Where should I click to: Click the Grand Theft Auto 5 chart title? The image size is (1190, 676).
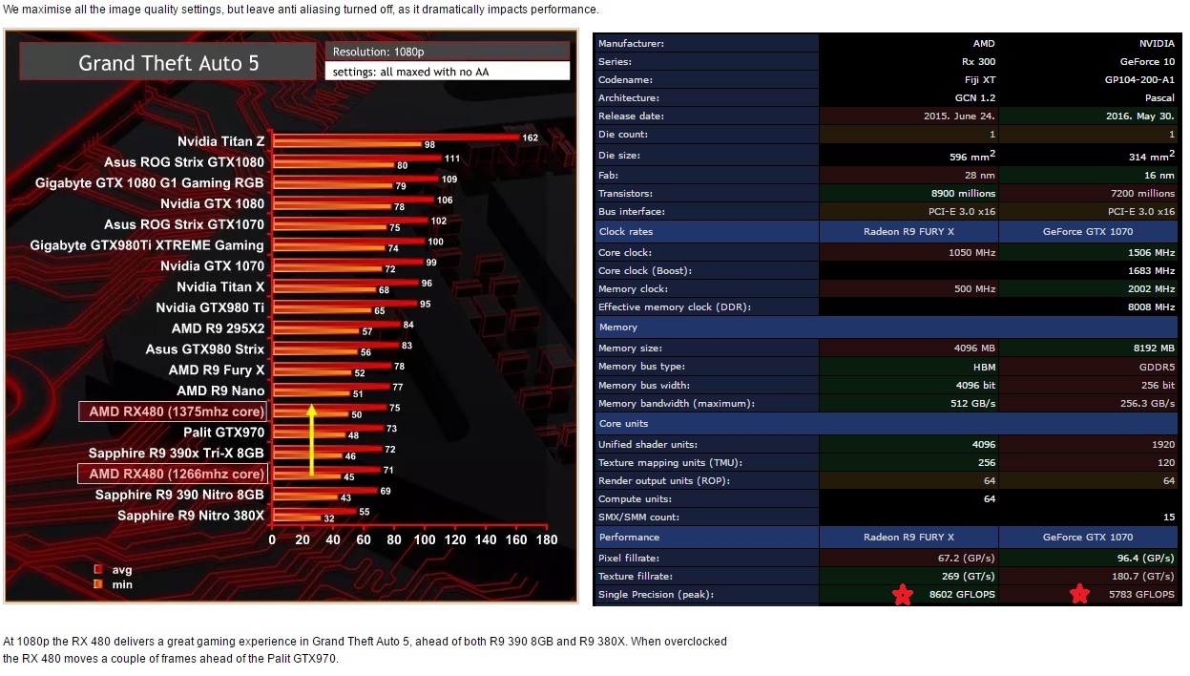[x=168, y=64]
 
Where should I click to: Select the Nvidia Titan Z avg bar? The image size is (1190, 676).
[x=396, y=137]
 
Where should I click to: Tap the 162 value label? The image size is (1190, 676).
[x=530, y=137]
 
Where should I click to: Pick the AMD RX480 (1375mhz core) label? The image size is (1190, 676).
[x=172, y=412]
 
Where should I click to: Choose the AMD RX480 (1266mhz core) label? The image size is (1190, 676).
[x=172, y=475]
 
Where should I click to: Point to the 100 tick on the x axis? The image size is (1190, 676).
[x=425, y=540]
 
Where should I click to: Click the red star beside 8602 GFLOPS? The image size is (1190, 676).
[x=902, y=596]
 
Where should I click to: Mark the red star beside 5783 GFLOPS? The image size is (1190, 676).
[x=1079, y=596]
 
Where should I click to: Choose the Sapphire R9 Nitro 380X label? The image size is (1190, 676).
[x=191, y=516]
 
